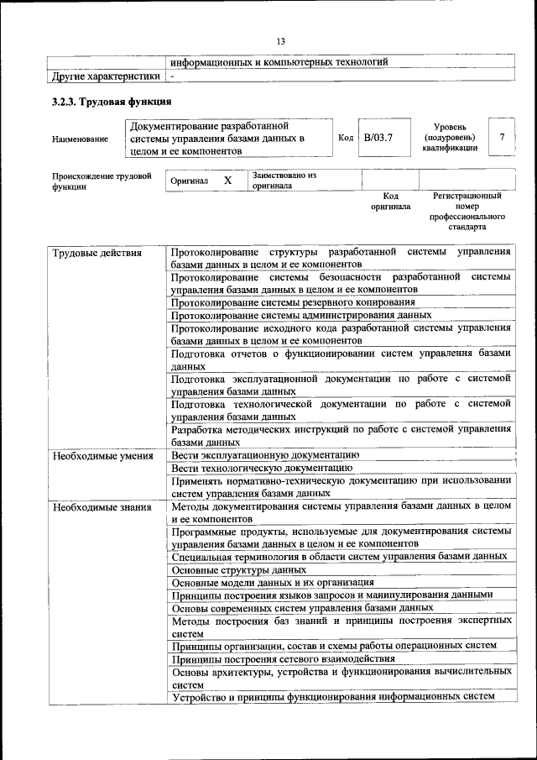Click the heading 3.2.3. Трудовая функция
click(x=112, y=102)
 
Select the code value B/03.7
click(x=378, y=137)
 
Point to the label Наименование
click(x=80, y=139)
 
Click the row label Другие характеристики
click(x=106, y=76)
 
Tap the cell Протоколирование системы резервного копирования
click(x=293, y=302)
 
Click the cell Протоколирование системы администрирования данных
click(x=301, y=316)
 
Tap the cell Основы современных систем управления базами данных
click(x=302, y=608)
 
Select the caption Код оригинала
click(x=390, y=201)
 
